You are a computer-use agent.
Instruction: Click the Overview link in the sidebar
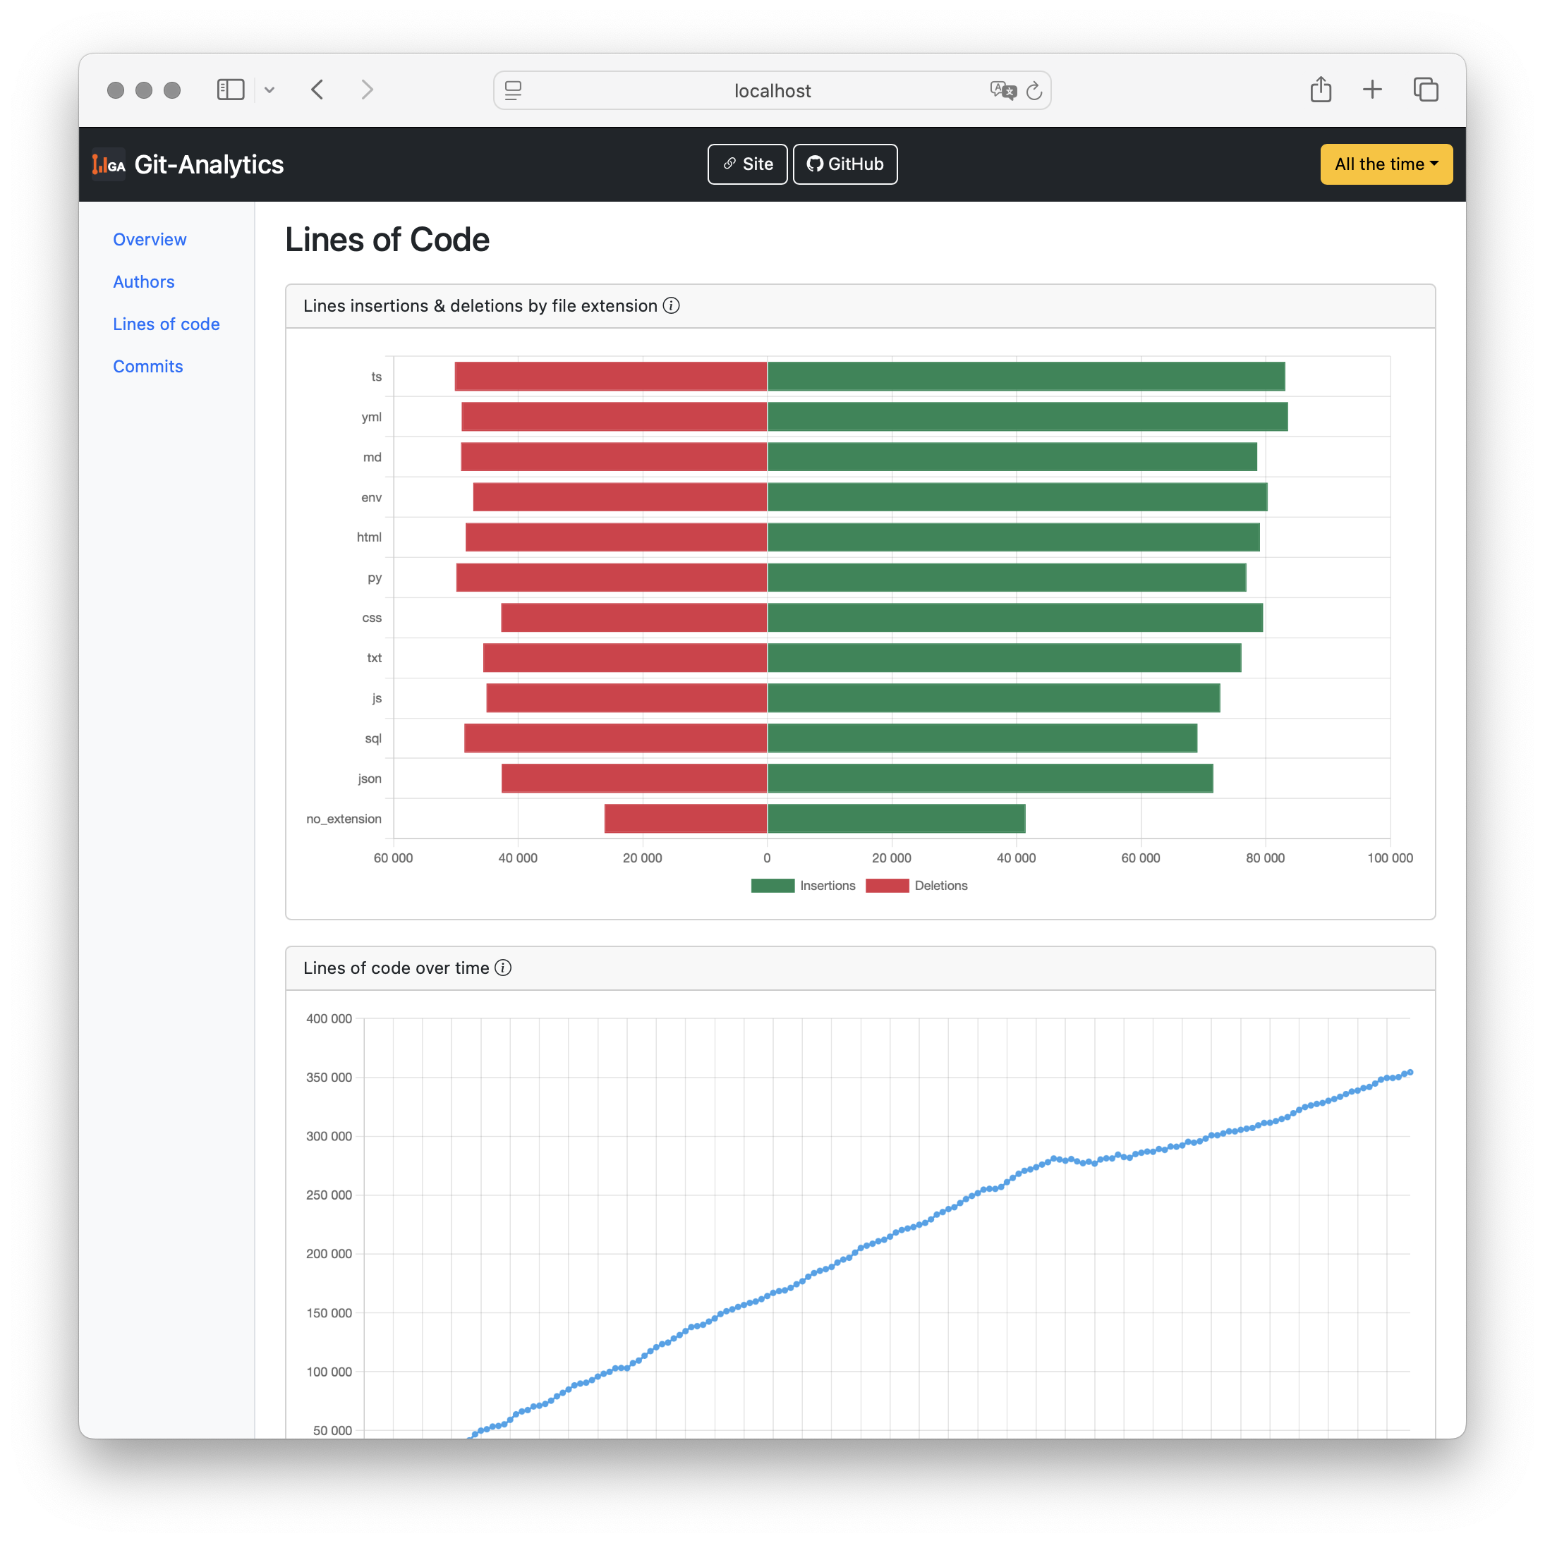[150, 239]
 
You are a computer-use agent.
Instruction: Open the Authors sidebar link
[143, 281]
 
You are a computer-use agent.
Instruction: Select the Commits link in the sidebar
[148, 366]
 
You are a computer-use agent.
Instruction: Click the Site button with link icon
[747, 164]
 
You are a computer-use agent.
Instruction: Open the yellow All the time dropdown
[1385, 164]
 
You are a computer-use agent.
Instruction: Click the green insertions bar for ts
[1025, 377]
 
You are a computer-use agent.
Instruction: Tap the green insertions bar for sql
[981, 738]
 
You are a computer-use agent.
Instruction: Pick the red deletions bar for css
[634, 617]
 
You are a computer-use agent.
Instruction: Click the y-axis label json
[369, 779]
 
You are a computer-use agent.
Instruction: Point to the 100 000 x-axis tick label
[1389, 858]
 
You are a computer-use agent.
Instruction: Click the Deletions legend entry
[916, 886]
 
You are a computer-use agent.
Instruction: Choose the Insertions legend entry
[803, 886]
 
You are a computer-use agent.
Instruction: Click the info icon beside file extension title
[671, 305]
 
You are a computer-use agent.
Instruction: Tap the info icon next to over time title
[502, 968]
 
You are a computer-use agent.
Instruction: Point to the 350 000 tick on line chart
[329, 1077]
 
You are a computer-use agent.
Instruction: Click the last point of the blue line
[1409, 1072]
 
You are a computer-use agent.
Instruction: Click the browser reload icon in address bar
[1034, 91]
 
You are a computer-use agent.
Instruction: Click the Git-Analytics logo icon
[108, 165]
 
